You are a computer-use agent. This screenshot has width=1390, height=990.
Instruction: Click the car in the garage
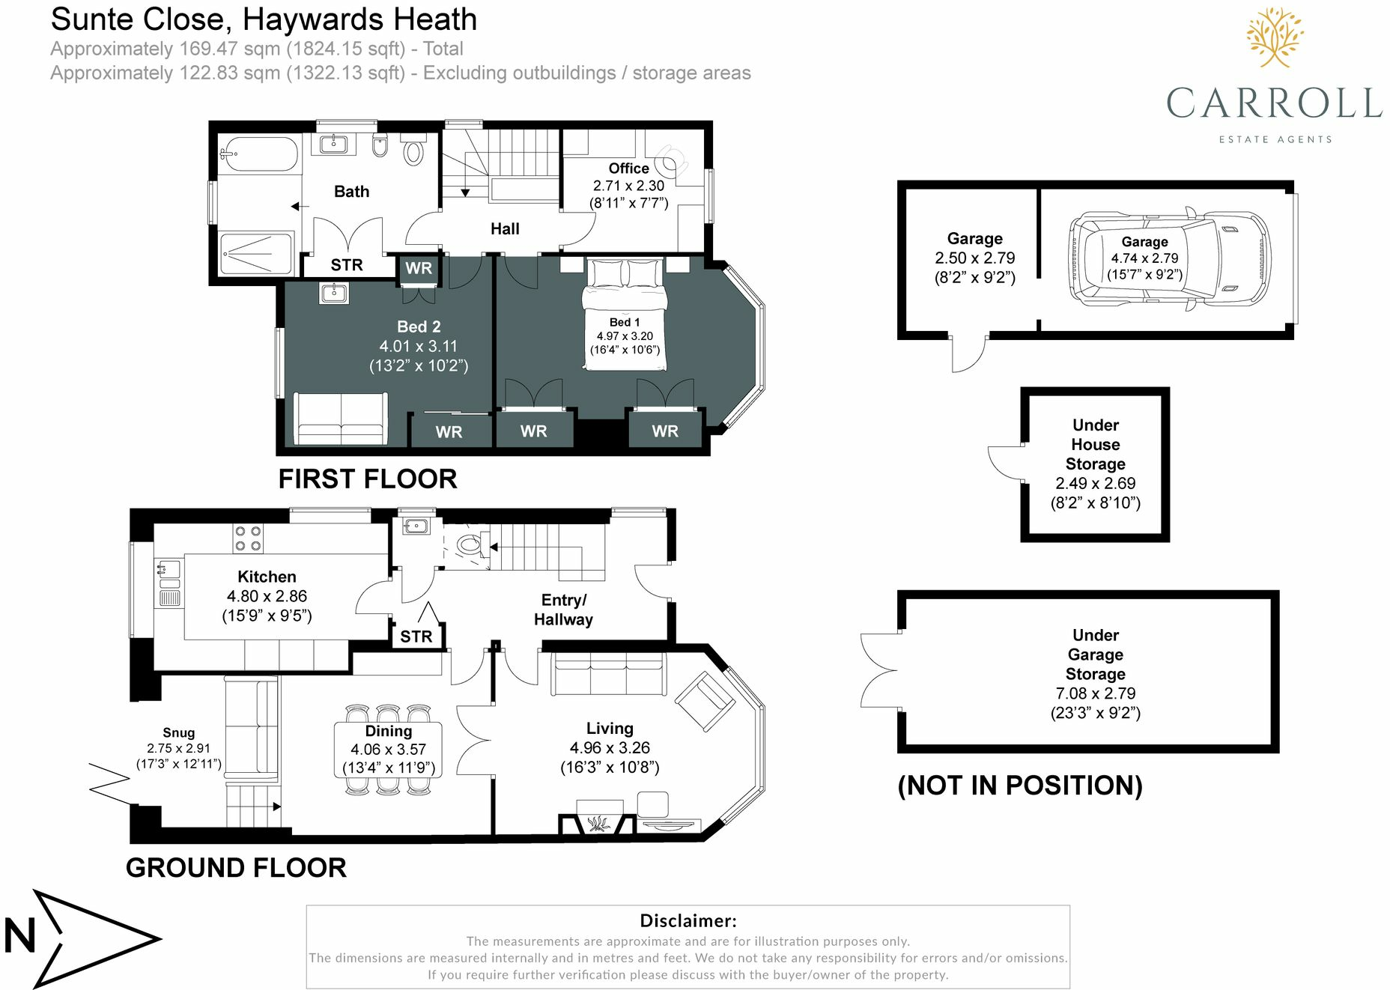pos(1169,258)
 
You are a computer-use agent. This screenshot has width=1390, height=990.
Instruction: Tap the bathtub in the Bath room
pos(258,156)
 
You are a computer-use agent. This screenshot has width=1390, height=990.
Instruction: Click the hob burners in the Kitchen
pos(248,538)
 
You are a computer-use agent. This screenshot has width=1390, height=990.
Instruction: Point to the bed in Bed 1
pos(625,314)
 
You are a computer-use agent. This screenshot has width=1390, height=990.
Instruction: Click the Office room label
pos(628,168)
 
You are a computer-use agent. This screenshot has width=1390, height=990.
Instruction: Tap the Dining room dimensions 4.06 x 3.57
pos(388,749)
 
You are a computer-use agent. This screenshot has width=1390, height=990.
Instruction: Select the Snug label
pos(178,732)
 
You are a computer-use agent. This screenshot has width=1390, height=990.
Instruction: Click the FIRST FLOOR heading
pos(368,479)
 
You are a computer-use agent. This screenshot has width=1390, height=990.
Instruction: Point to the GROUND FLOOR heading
pos(236,868)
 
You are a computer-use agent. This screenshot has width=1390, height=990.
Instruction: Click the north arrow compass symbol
pos(83,938)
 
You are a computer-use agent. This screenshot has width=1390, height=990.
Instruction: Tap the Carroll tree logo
pos(1275,37)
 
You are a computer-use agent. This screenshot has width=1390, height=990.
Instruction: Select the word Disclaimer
pos(688,920)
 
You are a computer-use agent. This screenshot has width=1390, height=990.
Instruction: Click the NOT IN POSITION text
pos(1020,786)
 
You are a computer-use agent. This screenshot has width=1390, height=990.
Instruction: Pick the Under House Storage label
pos(1095,445)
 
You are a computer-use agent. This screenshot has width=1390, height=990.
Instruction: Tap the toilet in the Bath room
pos(413,149)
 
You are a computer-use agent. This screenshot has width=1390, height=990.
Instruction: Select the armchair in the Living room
pos(705,701)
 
